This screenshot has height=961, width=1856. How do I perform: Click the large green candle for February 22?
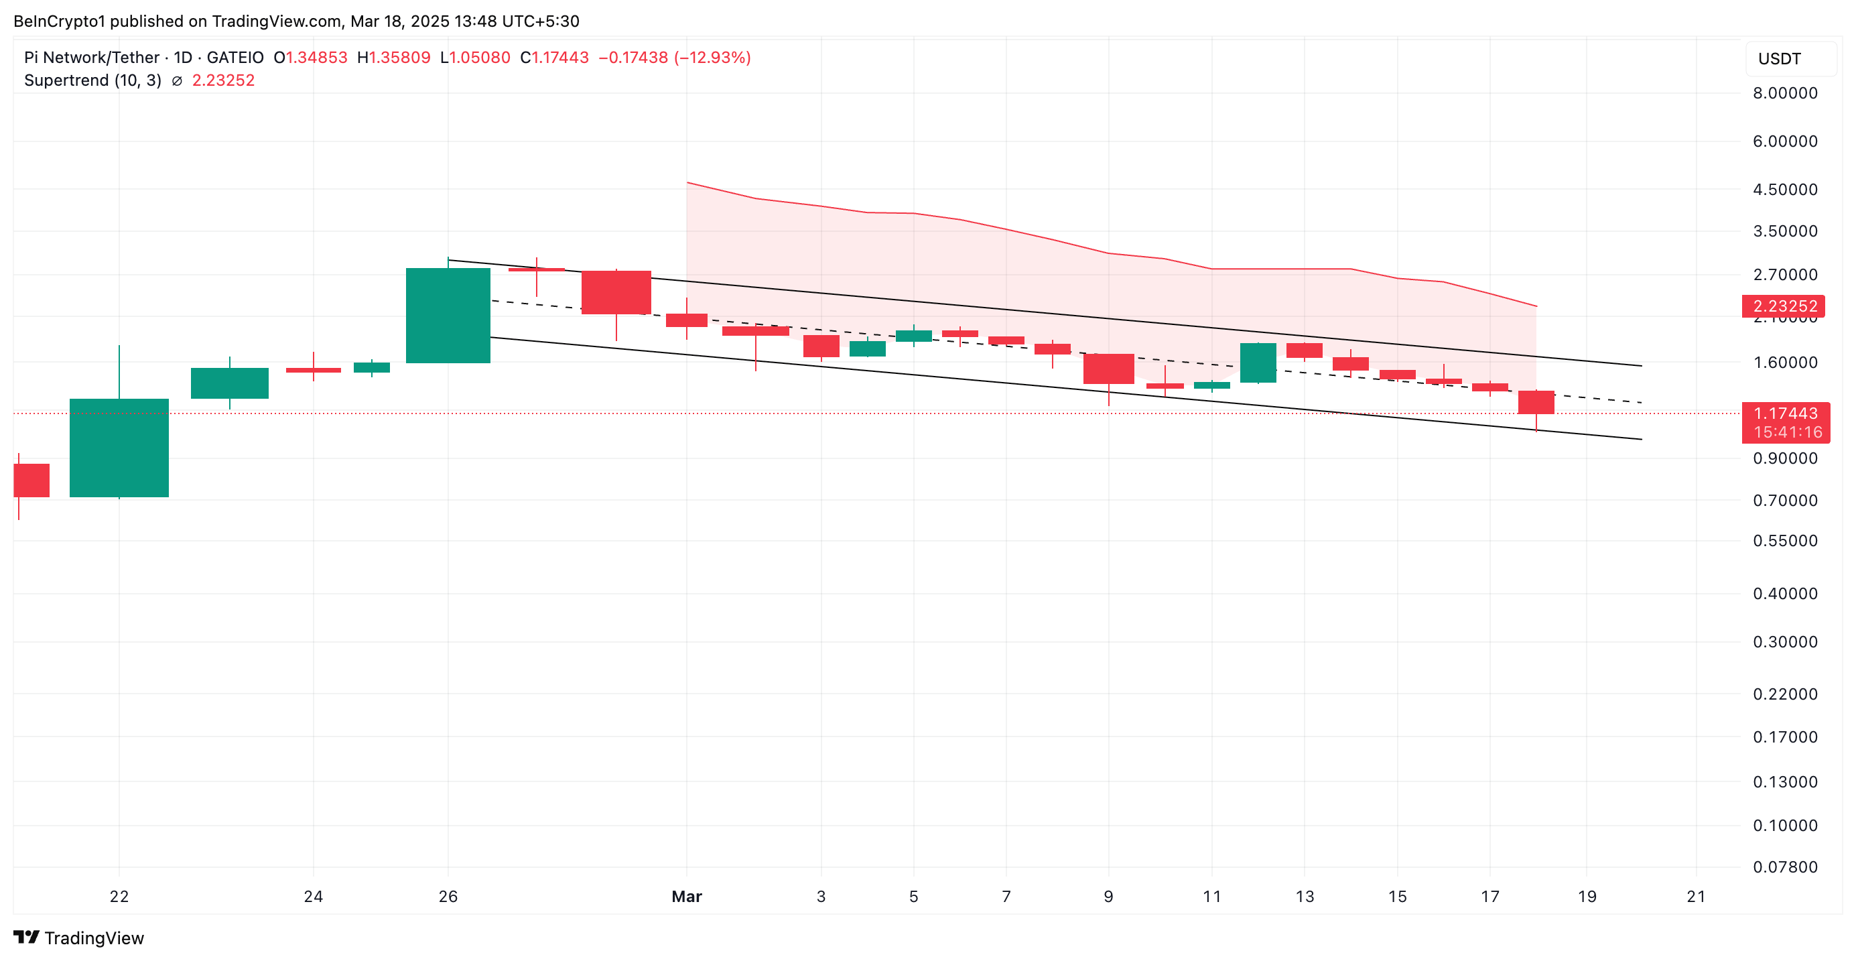(x=119, y=448)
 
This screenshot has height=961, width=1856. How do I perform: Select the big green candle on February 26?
(x=448, y=315)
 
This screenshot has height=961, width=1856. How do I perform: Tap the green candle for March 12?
(x=1257, y=363)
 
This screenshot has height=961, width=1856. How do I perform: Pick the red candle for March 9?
(x=1108, y=369)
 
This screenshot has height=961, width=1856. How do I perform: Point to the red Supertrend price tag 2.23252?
(x=1782, y=306)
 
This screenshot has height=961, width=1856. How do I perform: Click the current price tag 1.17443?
(x=1785, y=413)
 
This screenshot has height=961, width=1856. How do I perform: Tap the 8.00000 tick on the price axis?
(x=1785, y=93)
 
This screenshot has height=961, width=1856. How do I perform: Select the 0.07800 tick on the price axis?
(x=1785, y=867)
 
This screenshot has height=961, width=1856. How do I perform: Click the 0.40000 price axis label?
(x=1785, y=594)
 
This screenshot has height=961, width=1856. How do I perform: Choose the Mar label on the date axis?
(x=686, y=896)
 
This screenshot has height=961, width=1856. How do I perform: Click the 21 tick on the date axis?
(x=1696, y=896)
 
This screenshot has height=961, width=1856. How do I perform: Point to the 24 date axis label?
(x=313, y=896)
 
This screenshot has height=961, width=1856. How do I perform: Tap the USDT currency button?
(x=1779, y=59)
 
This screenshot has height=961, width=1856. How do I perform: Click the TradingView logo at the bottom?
(x=78, y=938)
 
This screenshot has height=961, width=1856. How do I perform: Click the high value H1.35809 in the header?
(x=393, y=58)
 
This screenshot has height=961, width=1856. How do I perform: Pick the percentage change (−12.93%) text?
(x=712, y=58)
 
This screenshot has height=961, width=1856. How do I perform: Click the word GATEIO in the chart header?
(x=235, y=58)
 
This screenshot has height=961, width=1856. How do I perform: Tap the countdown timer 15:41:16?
(x=1787, y=432)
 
